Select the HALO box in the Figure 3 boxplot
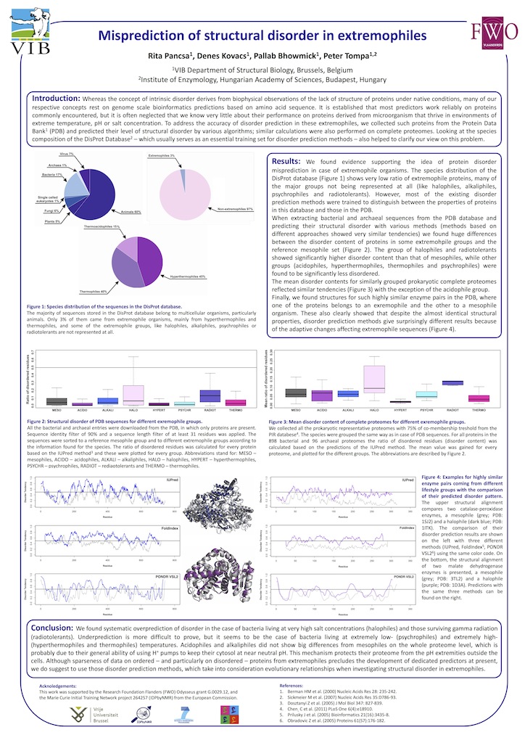(373, 378)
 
